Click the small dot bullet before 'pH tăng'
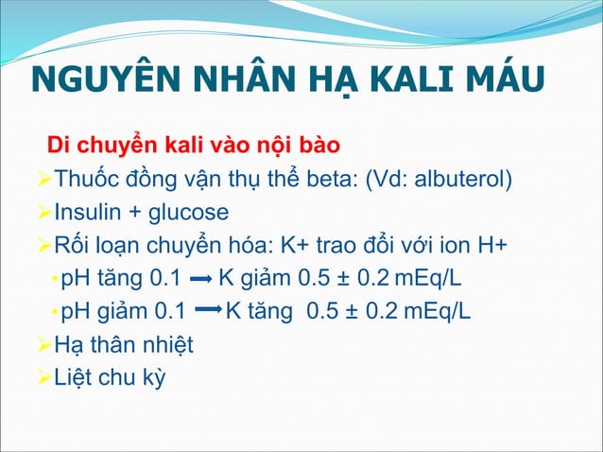[x=53, y=282]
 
